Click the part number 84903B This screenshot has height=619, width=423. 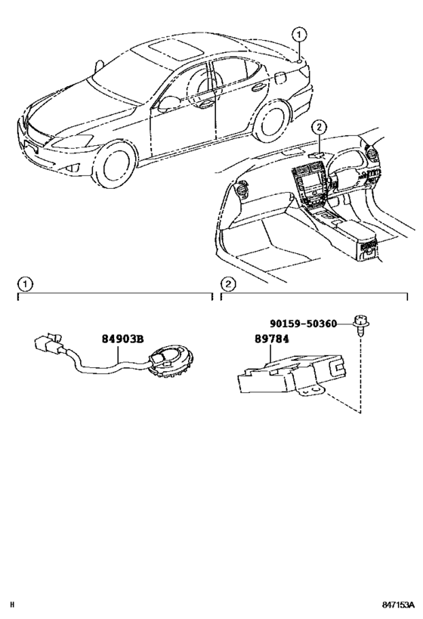(x=124, y=340)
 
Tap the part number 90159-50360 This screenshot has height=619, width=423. (x=307, y=323)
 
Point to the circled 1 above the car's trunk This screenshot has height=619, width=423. (x=300, y=34)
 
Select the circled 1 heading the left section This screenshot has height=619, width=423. (x=25, y=283)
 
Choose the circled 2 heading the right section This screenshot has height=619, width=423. (x=227, y=283)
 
